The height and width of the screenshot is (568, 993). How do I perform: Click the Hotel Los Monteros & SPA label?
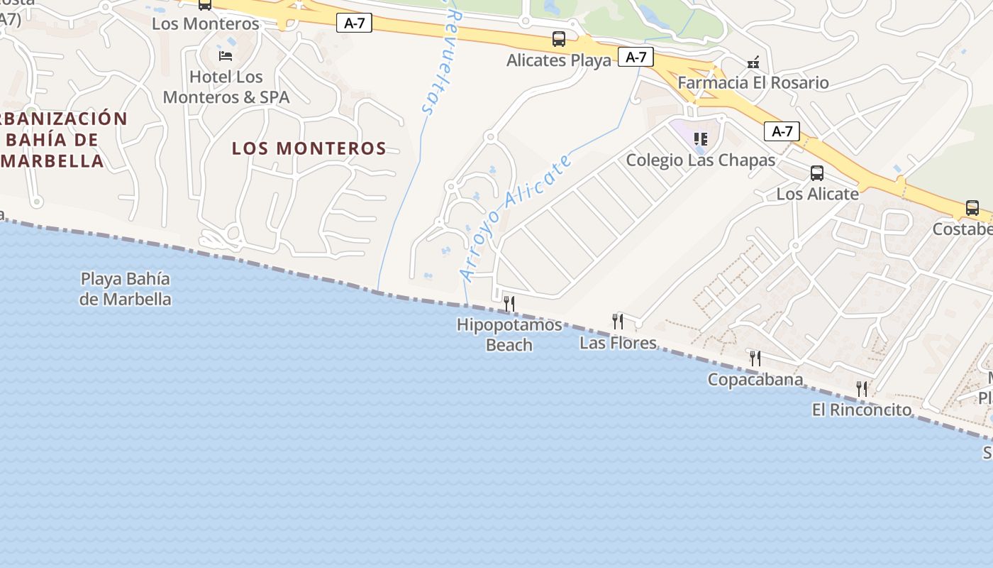(x=226, y=87)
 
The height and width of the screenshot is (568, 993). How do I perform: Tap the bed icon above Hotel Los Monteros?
(x=226, y=55)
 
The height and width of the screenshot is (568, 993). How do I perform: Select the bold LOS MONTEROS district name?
(x=309, y=148)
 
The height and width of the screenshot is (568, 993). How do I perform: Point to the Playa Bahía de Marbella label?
(x=126, y=289)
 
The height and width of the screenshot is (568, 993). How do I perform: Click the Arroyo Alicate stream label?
(x=516, y=217)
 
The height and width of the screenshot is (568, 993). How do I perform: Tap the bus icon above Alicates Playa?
(x=559, y=39)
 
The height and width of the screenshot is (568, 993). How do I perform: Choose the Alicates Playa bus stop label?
(x=559, y=60)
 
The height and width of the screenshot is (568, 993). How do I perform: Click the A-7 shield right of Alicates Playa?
(x=636, y=57)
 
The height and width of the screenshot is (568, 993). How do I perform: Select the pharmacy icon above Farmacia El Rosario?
(x=753, y=62)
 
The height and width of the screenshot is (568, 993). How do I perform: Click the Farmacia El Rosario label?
(x=753, y=82)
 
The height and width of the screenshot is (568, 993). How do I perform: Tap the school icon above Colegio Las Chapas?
(x=701, y=138)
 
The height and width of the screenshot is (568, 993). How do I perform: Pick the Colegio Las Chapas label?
(x=701, y=160)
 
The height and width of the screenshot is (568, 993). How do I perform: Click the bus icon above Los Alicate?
(x=817, y=173)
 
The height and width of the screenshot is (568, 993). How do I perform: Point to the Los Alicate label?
(x=817, y=194)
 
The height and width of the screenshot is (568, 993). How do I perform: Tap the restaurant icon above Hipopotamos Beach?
(x=509, y=304)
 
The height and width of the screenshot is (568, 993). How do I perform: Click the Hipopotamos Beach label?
(x=509, y=335)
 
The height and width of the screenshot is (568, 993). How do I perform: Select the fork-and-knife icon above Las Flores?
(x=618, y=322)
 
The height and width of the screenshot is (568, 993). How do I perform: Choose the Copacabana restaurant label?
(x=755, y=380)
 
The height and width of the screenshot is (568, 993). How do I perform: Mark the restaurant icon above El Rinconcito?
(x=862, y=388)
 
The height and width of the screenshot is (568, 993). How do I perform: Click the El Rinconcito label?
(x=862, y=410)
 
